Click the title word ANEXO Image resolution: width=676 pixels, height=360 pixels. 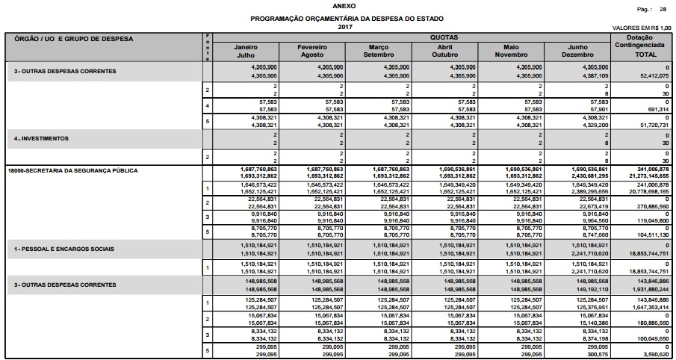coord(336,5)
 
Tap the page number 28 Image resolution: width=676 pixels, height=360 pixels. coord(663,9)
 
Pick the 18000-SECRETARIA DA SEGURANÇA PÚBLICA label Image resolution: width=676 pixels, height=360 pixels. coord(72,171)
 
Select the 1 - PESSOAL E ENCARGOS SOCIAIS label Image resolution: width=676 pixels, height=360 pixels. coord(61,248)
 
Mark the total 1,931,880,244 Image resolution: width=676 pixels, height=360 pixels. coord(647,288)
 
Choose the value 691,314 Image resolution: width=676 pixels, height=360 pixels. coord(657,109)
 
